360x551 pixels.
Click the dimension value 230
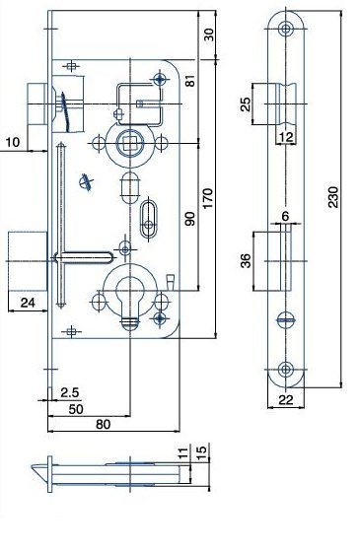(333, 197)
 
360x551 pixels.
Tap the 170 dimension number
(207, 198)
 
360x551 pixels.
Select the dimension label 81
(190, 81)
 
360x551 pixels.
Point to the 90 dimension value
(189, 219)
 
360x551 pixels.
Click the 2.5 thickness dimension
(70, 392)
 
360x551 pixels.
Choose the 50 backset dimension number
(76, 409)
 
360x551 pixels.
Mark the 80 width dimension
(103, 424)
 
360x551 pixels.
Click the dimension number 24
(28, 303)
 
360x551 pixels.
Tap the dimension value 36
(246, 261)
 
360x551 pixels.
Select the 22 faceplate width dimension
(285, 399)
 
